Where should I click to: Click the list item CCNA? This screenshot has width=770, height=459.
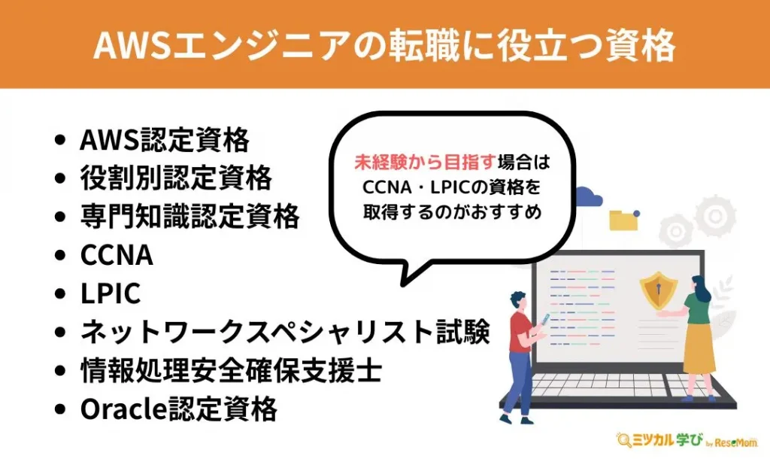tap(117, 254)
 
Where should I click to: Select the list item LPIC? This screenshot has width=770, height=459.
tap(111, 293)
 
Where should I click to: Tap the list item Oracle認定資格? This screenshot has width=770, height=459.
tap(179, 409)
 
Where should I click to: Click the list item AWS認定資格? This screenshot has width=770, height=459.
tap(165, 139)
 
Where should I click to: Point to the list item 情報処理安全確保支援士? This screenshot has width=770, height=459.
tap(232, 370)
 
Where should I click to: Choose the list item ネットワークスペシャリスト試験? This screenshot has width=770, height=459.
tap(285, 332)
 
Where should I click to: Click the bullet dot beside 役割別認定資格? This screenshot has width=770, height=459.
tap(60, 178)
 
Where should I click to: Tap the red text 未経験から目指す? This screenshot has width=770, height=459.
tap(425, 162)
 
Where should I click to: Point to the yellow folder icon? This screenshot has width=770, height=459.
tap(623, 220)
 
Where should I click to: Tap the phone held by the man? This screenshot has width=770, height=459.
tap(544, 320)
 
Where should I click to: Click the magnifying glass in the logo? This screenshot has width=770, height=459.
tap(624, 440)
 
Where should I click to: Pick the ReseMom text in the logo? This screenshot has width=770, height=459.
tap(736, 442)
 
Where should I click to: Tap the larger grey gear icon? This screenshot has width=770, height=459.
tap(714, 215)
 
